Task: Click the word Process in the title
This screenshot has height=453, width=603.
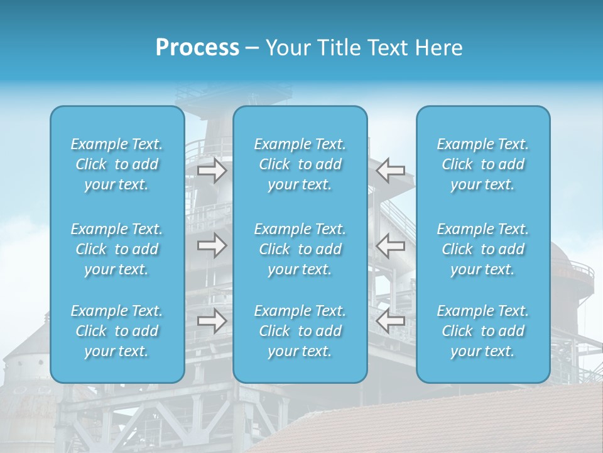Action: (x=197, y=48)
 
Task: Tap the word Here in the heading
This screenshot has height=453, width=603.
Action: (x=439, y=48)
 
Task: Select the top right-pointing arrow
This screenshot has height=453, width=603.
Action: (x=212, y=171)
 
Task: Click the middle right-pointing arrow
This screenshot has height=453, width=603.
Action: (x=212, y=245)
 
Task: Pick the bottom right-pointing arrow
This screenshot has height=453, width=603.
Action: (x=212, y=321)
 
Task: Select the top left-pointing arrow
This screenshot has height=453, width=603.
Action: (x=390, y=171)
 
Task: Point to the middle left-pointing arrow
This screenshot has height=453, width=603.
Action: (x=390, y=245)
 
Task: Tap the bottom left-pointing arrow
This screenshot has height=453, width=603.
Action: (x=390, y=321)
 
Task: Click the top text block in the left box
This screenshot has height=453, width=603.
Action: (x=117, y=164)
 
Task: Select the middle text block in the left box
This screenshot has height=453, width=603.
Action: (x=117, y=249)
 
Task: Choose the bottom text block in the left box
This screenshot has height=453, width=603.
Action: (x=117, y=331)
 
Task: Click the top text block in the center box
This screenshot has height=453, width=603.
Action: (x=300, y=164)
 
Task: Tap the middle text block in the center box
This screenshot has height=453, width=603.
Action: (x=300, y=249)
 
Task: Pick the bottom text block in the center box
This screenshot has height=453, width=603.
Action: (x=300, y=331)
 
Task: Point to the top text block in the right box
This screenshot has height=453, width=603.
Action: (x=483, y=164)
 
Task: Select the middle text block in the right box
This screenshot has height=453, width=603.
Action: (x=483, y=249)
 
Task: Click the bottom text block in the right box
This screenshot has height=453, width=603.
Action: (x=483, y=331)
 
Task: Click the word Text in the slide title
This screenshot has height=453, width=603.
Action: (x=388, y=48)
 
